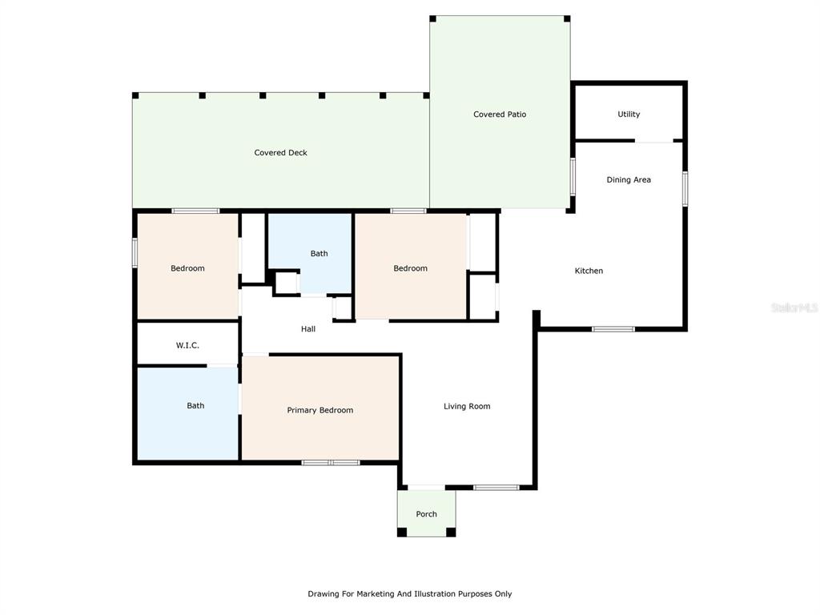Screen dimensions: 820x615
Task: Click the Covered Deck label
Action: coord(280,153)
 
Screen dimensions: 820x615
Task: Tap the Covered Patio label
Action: coord(500,115)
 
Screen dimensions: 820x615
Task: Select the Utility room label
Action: coord(629,114)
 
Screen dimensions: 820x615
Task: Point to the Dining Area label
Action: coord(629,180)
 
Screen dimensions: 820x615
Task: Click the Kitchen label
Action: coord(589,271)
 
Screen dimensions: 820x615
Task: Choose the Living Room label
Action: coord(467,406)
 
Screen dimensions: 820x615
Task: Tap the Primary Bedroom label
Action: coord(320,411)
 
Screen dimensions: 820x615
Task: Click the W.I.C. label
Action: coord(187,346)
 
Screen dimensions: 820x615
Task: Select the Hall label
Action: coord(308,329)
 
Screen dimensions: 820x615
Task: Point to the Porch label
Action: coord(426,514)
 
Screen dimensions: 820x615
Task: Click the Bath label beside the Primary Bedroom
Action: coord(195,406)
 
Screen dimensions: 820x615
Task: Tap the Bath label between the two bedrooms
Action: coord(319,254)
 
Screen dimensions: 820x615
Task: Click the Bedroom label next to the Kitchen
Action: coord(411,268)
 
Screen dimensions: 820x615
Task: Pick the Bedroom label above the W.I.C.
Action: coord(187,268)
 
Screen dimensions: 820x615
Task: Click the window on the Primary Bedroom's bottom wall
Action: coord(331,463)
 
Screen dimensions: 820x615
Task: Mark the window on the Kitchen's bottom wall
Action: coord(613,329)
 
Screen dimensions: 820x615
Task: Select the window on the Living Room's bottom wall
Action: coord(496,488)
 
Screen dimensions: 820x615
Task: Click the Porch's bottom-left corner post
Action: coord(402,533)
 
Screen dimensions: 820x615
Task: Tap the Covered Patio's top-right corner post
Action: coord(567,19)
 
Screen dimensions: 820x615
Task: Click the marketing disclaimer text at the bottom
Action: coord(409,594)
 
